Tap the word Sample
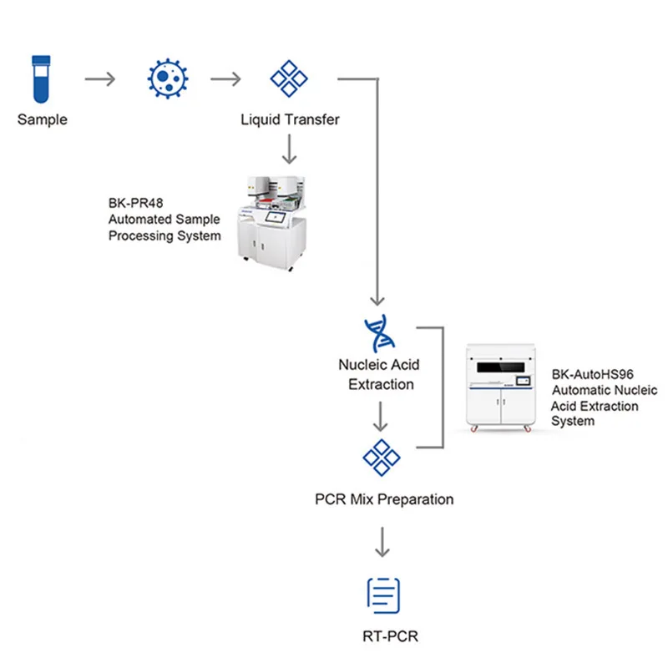click(43, 119)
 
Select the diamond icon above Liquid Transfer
click(290, 78)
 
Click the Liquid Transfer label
click(290, 119)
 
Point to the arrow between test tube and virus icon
click(101, 79)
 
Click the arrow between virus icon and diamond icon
click(225, 79)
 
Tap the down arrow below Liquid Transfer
click(290, 149)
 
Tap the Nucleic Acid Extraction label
click(379, 374)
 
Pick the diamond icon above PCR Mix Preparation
click(381, 457)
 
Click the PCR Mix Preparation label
click(384, 499)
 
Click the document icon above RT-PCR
click(384, 594)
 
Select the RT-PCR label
click(390, 637)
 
